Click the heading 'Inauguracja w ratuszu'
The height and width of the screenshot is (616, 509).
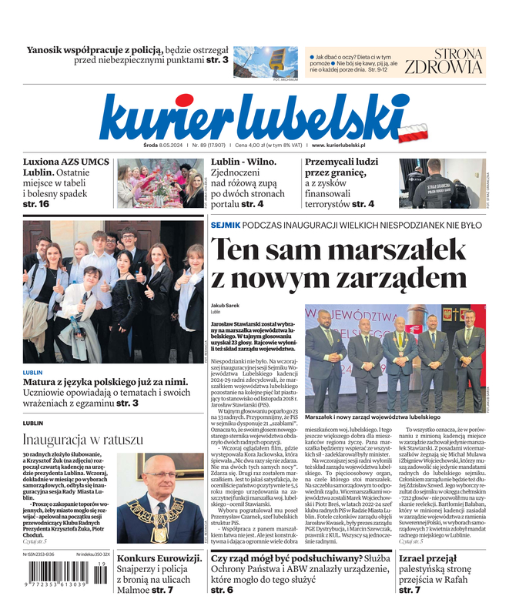point(82,440)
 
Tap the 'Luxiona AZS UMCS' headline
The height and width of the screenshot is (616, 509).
point(66,162)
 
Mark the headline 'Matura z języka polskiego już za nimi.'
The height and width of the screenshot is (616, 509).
point(104,381)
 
